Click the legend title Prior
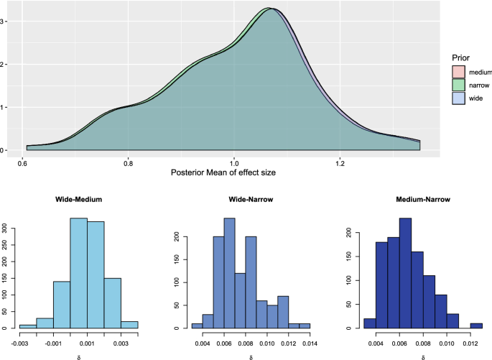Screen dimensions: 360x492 [462, 57]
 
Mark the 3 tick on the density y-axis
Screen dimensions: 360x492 [6, 22]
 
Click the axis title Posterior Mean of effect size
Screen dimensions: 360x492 [223, 174]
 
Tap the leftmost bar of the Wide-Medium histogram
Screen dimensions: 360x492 [27, 326]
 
